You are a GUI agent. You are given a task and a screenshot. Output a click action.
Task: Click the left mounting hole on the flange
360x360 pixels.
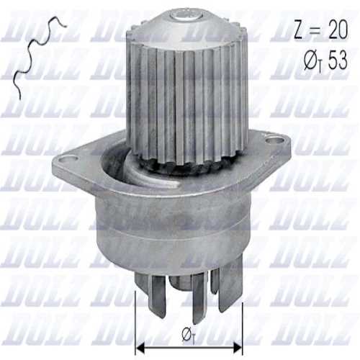click(68, 156)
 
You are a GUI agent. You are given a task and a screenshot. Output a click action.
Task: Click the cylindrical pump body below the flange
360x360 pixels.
click(173, 230)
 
